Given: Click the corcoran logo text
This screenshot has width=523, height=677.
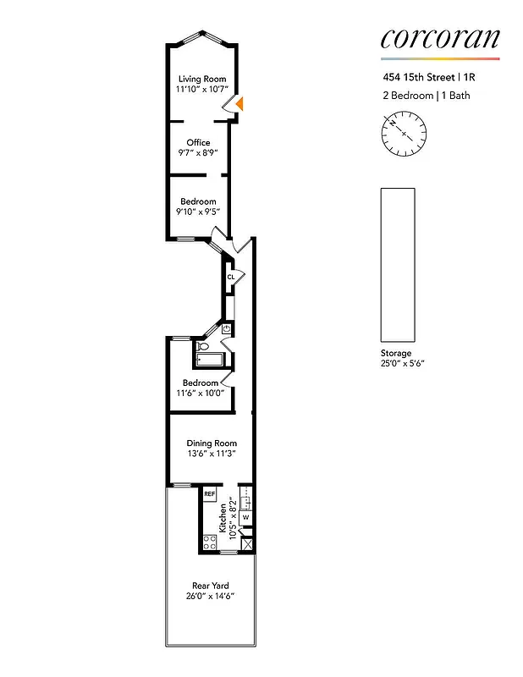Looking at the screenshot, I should pos(439,38).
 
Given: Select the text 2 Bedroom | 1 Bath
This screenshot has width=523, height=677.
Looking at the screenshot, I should pos(424,96).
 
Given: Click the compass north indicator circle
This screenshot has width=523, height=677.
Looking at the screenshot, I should pos(404,132).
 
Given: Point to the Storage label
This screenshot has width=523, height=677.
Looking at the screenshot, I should pos(395,353).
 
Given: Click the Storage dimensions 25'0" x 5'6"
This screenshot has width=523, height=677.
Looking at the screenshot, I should pos(401,363).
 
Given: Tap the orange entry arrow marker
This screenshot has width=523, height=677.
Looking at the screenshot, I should pos(239,103).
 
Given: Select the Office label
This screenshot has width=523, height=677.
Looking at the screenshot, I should pos(198,142).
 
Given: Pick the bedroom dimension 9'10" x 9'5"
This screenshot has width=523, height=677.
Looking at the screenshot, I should pos(198,212).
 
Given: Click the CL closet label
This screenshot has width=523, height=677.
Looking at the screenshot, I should pos(230,277).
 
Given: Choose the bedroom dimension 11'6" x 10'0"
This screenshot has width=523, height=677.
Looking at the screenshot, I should pos(201,394).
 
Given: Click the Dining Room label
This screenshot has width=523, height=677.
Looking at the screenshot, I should pos(212,443).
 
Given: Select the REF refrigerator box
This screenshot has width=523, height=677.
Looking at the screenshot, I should pos(209,493).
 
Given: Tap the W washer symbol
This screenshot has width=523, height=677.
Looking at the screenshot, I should pos(246,516).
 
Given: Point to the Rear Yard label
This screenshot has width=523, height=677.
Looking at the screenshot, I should pos(210,586).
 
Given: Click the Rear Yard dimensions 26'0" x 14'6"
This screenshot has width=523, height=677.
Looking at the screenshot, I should pos(210,597).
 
